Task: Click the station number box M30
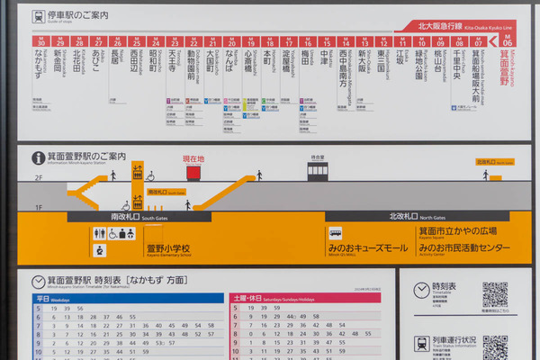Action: [40, 41]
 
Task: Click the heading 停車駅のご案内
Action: [79, 15]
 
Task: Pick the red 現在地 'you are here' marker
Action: [194, 159]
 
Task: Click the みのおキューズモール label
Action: [374, 247]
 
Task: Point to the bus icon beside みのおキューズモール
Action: [335, 232]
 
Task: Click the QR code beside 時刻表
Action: [495, 293]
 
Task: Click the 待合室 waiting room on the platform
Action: [317, 167]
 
